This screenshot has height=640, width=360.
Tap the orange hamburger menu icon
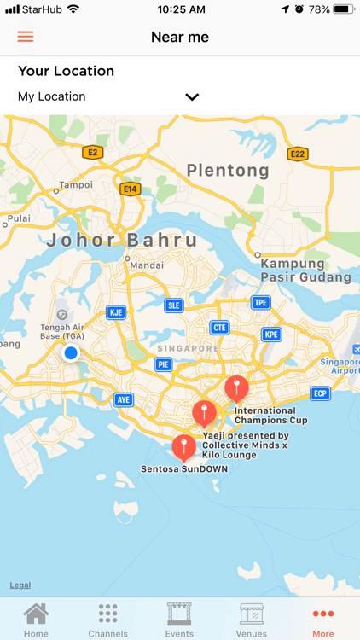26,37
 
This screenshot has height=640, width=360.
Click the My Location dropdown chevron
192,97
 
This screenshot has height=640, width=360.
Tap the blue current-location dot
71,352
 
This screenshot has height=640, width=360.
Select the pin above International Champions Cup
236,388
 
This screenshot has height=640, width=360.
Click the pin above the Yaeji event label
204,414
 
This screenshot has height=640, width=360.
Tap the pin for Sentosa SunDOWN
183,447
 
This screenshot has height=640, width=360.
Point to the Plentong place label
228,171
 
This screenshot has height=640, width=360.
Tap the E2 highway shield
92,153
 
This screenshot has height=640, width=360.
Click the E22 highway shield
297,154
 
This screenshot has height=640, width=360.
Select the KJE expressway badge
116,312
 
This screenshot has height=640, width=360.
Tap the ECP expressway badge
320,393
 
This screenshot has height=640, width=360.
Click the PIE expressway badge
164,364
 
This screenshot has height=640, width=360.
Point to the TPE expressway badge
260,303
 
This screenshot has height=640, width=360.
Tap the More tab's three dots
323,614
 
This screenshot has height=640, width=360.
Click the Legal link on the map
20,585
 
